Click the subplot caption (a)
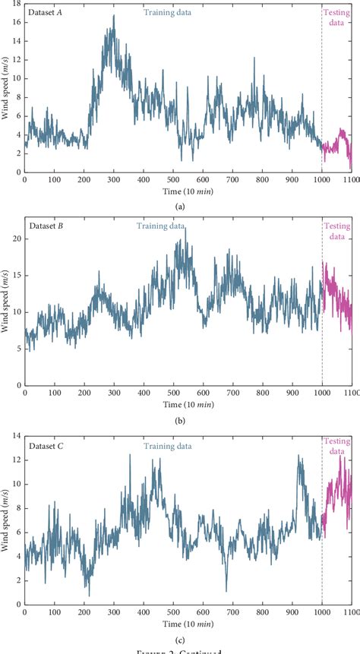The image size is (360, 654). (x=180, y=206)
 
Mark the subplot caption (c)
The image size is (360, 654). (x=180, y=631)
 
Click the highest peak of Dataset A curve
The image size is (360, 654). (x=114, y=15)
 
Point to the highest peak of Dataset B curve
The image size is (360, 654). (x=185, y=227)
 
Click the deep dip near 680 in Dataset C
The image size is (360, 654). (x=226, y=590)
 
